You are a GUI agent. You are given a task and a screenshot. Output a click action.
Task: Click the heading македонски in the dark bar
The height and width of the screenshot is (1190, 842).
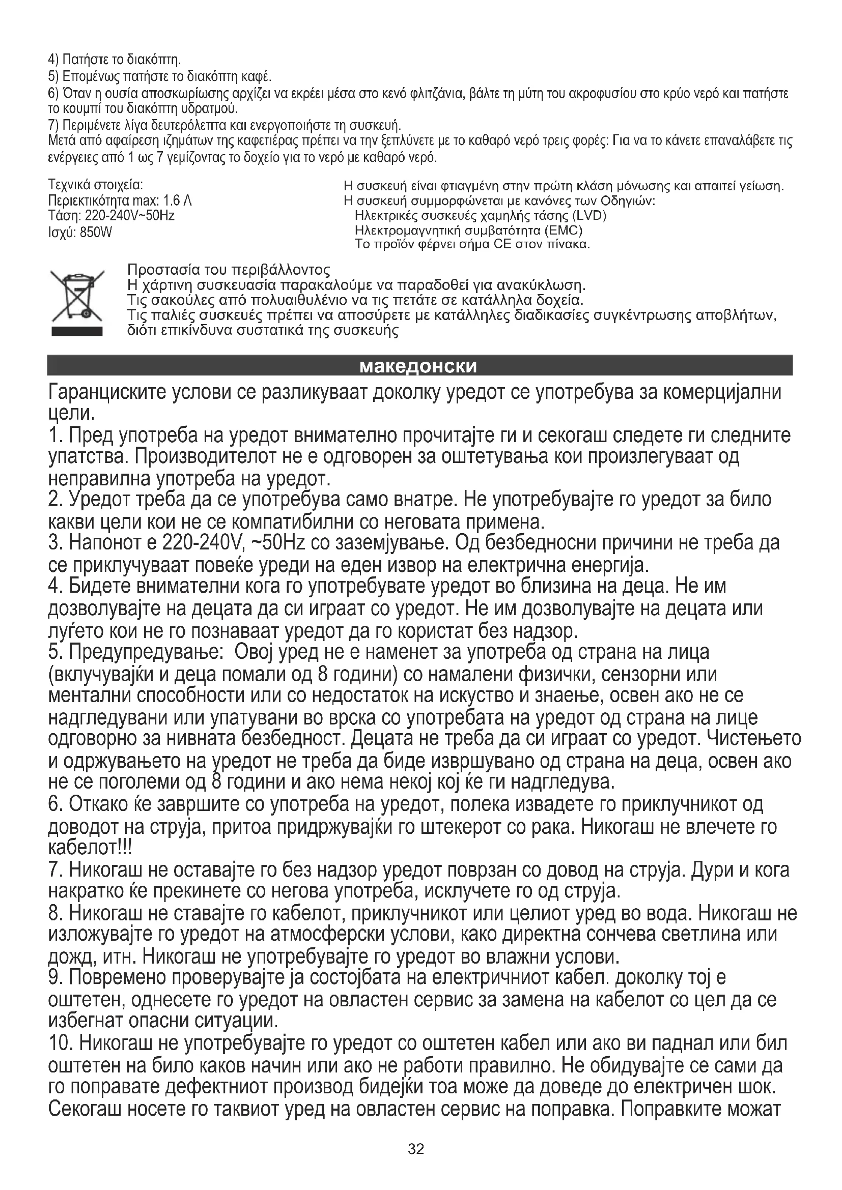(418, 366)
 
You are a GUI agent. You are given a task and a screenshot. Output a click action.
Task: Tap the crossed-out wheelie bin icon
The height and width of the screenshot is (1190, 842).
(77, 295)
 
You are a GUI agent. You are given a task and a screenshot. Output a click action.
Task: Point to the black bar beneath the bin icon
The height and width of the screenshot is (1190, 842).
(77, 331)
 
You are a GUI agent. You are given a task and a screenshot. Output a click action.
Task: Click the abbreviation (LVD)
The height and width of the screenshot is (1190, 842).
(590, 216)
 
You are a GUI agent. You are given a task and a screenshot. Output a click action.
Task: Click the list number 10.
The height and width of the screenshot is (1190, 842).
(61, 1043)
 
